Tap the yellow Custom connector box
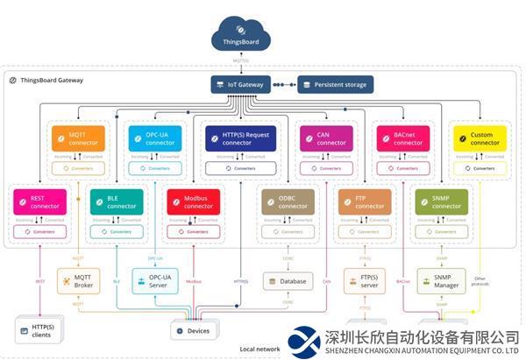[x=478, y=138]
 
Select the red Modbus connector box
[x=194, y=202]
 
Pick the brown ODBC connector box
[x=287, y=202]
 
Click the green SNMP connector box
[x=441, y=202]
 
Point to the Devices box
[x=194, y=331]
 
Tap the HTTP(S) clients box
[x=36, y=331]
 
